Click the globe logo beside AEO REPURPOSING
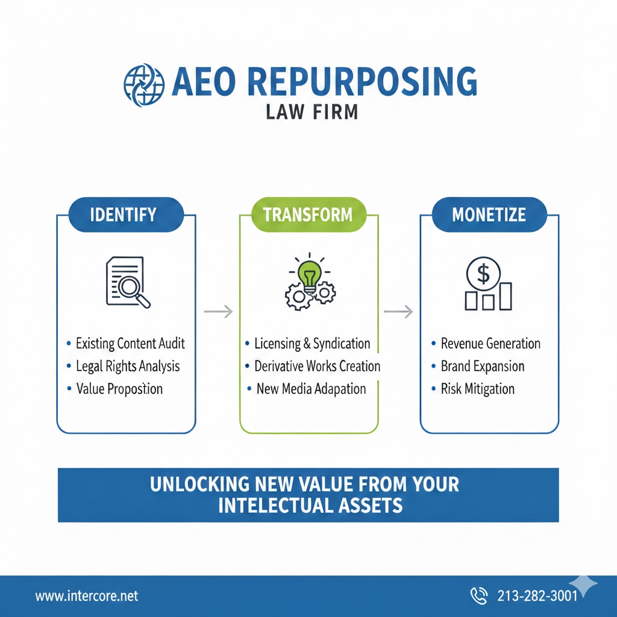(x=143, y=85)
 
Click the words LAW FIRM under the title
(x=312, y=112)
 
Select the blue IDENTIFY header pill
(x=123, y=215)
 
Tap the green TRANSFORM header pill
(x=308, y=215)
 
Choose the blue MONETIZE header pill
(x=489, y=215)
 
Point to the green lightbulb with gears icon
(x=309, y=281)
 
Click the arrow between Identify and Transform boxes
(x=218, y=312)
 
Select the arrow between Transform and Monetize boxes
(x=398, y=312)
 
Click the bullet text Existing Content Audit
(x=130, y=344)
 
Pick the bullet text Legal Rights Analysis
(x=128, y=366)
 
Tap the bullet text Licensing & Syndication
(x=312, y=344)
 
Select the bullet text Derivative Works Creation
(x=317, y=366)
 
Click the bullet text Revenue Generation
(x=490, y=344)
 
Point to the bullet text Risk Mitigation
(x=478, y=389)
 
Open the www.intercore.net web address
(x=87, y=596)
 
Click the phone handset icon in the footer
(x=479, y=596)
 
